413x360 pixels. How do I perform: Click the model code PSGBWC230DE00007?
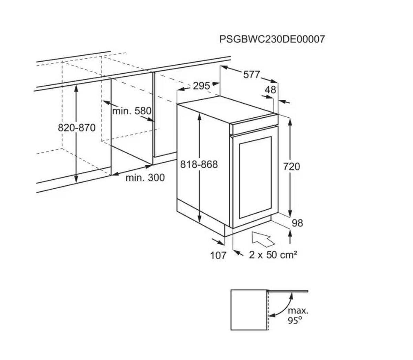pyautogui.click(x=272, y=39)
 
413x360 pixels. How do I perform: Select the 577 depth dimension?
pyautogui.click(x=251, y=75)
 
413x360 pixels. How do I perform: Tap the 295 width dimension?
pyautogui.click(x=201, y=86)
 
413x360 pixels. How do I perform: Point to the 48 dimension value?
pyautogui.click(x=271, y=90)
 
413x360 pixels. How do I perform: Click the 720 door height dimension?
pyautogui.click(x=292, y=167)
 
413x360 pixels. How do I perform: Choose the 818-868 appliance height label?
pyautogui.click(x=199, y=164)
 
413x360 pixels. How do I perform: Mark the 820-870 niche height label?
pyautogui.click(x=77, y=128)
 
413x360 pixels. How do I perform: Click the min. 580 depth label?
pyautogui.click(x=131, y=111)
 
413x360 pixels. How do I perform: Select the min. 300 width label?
pyautogui.click(x=145, y=178)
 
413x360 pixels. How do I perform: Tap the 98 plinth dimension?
pyautogui.click(x=297, y=223)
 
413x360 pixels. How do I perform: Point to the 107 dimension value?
pyautogui.click(x=218, y=255)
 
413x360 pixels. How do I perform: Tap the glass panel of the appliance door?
pyautogui.click(x=255, y=177)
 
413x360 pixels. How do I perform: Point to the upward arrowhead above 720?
pyautogui.click(x=290, y=122)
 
